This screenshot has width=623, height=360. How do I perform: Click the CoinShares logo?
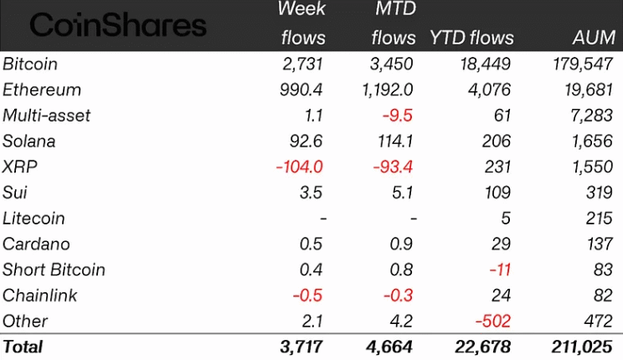pyautogui.click(x=118, y=25)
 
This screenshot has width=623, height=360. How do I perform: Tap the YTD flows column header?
pyautogui.click(x=471, y=39)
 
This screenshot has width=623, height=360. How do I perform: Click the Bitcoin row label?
pyautogui.click(x=30, y=64)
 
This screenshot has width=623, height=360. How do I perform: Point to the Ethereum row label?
pyautogui.click(x=42, y=90)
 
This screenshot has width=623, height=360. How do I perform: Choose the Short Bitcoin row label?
pyautogui.click(x=54, y=270)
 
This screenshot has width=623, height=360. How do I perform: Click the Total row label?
pyautogui.click(x=23, y=346)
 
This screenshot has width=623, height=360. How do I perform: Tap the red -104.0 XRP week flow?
pyautogui.click(x=299, y=167)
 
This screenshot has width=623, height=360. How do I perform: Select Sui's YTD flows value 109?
pyautogui.click(x=499, y=193)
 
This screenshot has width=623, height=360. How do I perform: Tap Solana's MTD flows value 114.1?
pyautogui.click(x=393, y=141)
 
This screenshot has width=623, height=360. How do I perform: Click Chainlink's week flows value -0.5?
pyautogui.click(x=309, y=295)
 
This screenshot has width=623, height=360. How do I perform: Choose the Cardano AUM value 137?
pyautogui.click(x=600, y=244)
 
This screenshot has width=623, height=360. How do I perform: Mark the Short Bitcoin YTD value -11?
pyautogui.click(x=501, y=270)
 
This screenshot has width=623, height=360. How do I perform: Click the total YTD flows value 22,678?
pyautogui.click(x=483, y=346)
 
